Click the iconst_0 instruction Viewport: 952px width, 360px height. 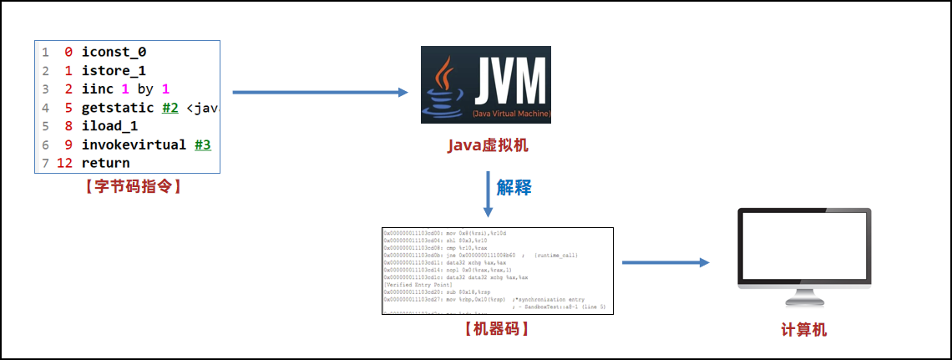[x=114, y=52]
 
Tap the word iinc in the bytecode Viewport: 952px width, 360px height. [x=97, y=89]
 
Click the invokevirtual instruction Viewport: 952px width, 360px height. [x=134, y=145]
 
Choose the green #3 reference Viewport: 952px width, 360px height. [x=202, y=145]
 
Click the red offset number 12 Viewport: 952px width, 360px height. [x=64, y=163]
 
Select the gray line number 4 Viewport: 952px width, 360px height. [x=45, y=108]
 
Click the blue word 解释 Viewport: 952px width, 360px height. [x=514, y=187]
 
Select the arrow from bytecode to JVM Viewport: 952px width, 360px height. [x=320, y=92]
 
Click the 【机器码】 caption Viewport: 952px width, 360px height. [x=497, y=329]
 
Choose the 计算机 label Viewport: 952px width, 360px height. [x=803, y=330]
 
